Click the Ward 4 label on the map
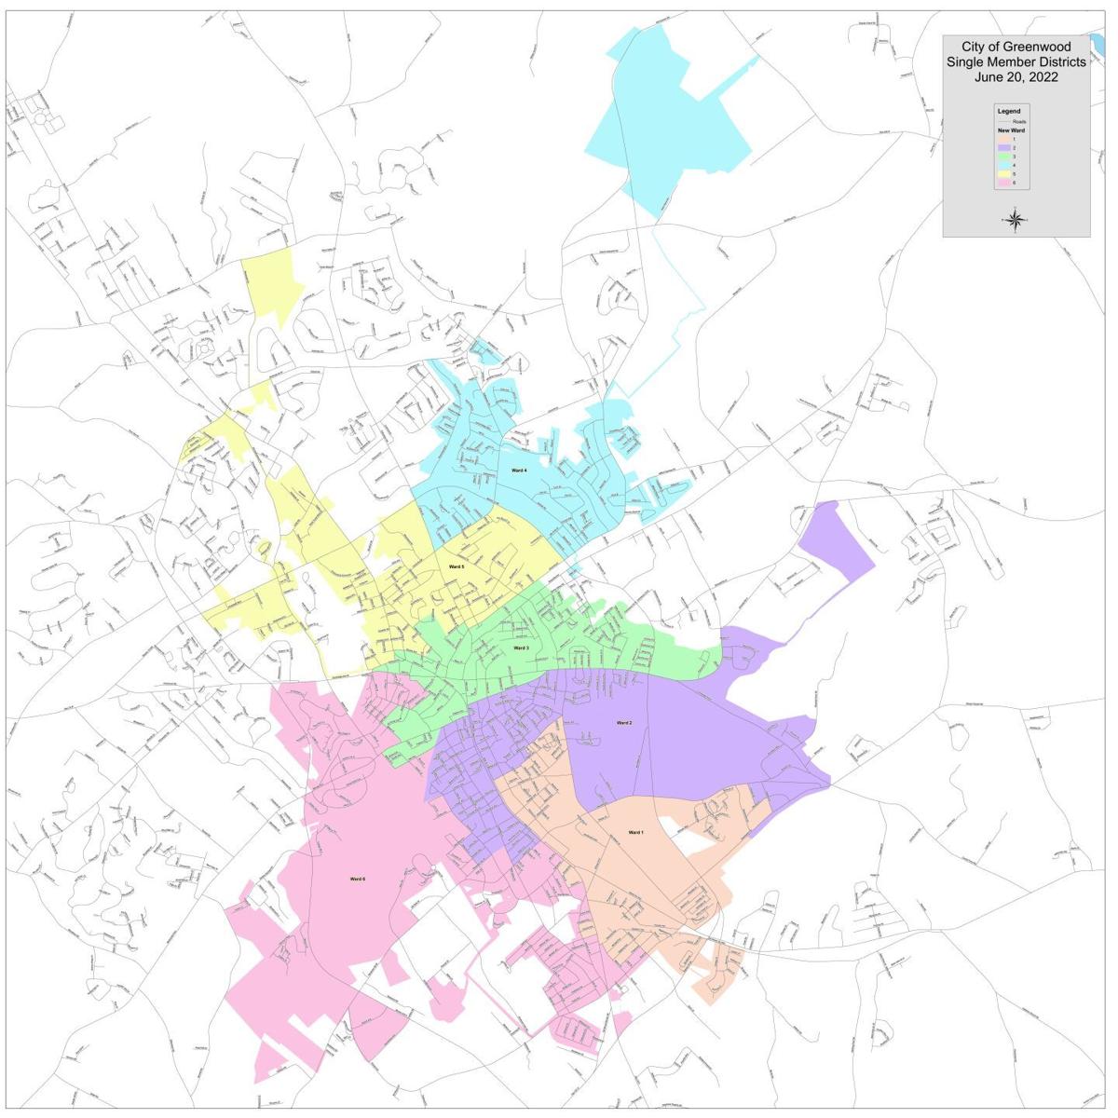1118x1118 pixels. pos(519,470)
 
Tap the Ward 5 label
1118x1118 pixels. pos(456,566)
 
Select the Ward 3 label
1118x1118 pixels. pos(521,648)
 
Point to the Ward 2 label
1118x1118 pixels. pos(624,722)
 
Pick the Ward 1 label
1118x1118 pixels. pos(635,832)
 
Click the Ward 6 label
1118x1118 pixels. pos(358,879)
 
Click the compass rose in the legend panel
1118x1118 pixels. pos(1016,220)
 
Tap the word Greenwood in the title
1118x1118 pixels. pos(1039,47)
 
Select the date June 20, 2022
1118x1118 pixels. pos(1016,77)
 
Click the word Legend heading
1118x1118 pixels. pos(1009,111)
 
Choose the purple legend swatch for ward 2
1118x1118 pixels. pos(1003,148)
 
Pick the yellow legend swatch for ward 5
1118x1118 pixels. pos(1003,174)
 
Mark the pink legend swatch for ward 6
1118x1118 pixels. pos(1003,183)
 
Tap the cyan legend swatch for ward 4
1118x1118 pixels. pos(1003,165)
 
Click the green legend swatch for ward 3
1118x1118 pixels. pos(1003,157)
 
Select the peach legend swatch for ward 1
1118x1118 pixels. pos(1003,139)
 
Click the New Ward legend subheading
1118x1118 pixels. pos(1011,130)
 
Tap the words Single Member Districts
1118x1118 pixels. pos(1016,61)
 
